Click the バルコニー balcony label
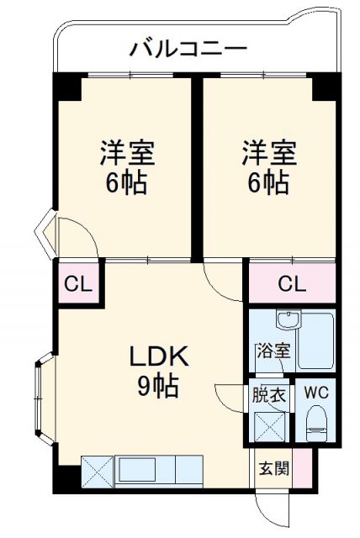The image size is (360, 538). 188,49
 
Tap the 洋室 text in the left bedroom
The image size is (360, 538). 126,155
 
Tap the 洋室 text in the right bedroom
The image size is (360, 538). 269,155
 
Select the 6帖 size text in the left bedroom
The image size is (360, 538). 126,182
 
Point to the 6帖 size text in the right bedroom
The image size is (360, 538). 269,182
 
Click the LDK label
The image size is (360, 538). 158,357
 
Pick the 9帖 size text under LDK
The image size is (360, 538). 158,386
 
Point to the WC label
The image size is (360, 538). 317,393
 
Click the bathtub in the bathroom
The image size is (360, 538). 316,345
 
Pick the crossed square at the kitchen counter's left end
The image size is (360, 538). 97,467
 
